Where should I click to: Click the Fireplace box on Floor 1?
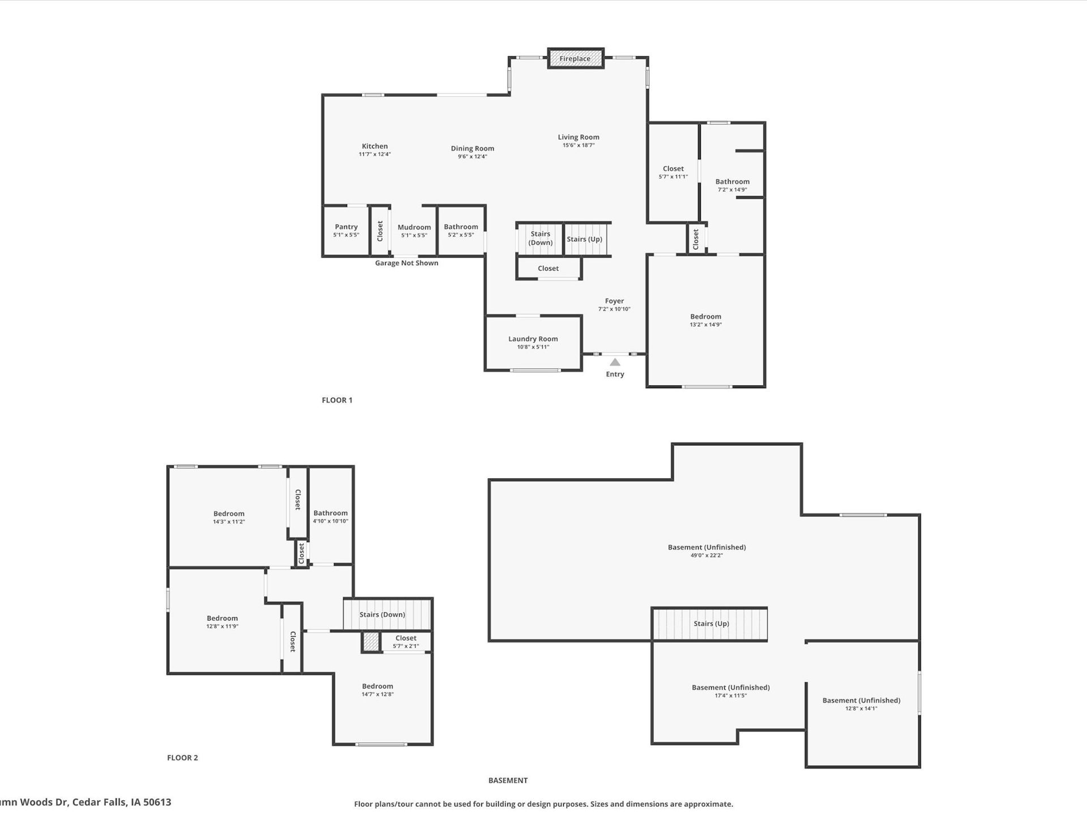(x=575, y=58)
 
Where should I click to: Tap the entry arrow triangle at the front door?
(x=615, y=362)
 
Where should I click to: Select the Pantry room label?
(x=346, y=227)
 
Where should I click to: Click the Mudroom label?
(x=414, y=227)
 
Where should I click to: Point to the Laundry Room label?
(x=533, y=339)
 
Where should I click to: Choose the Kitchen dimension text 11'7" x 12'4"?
(x=374, y=154)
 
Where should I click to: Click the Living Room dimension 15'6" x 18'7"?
(x=578, y=145)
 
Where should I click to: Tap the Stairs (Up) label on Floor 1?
(x=584, y=239)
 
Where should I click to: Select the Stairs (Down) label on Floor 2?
(x=382, y=614)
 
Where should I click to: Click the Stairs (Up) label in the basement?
(x=711, y=623)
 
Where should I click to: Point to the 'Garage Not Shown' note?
(x=406, y=263)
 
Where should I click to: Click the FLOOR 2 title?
(x=182, y=758)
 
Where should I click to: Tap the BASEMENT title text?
(x=508, y=780)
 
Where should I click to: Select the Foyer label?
(x=614, y=301)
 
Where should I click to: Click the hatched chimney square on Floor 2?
(x=370, y=641)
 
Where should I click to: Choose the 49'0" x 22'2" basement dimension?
(x=707, y=555)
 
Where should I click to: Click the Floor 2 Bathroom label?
(x=330, y=513)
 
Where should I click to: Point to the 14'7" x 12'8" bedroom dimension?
(x=378, y=694)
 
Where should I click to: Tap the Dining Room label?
(x=472, y=148)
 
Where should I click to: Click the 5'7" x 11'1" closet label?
(x=673, y=177)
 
